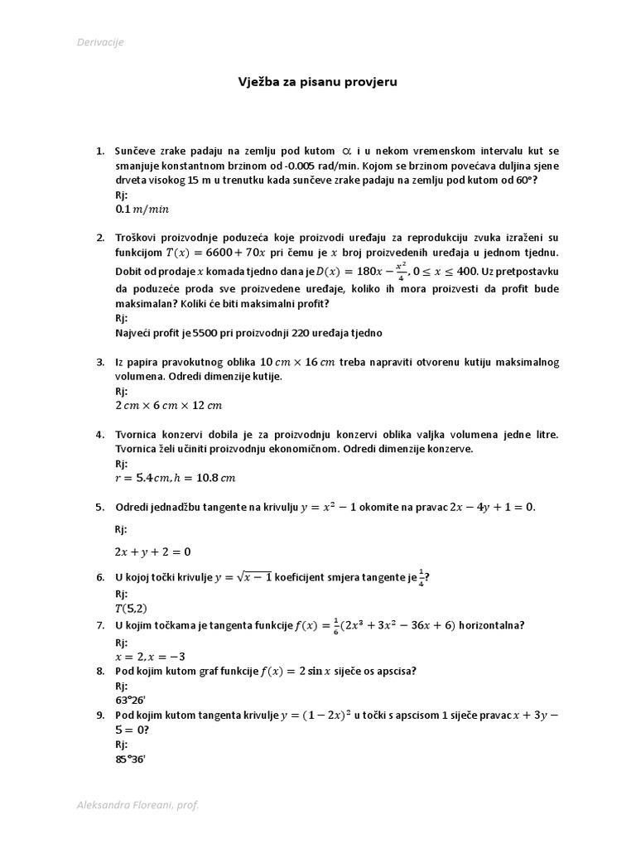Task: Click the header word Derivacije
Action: pos(100,42)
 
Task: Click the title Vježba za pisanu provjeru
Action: pos(318,83)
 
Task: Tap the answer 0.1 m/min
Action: pos(145,210)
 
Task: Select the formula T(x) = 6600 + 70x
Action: pos(215,253)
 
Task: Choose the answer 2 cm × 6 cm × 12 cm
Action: pos(169,405)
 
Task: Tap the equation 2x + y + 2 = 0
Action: pos(152,552)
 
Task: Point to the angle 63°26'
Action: pos(130,701)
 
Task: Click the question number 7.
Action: pos(99,626)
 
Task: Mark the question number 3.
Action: pos(99,362)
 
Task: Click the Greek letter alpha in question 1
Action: pos(349,151)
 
